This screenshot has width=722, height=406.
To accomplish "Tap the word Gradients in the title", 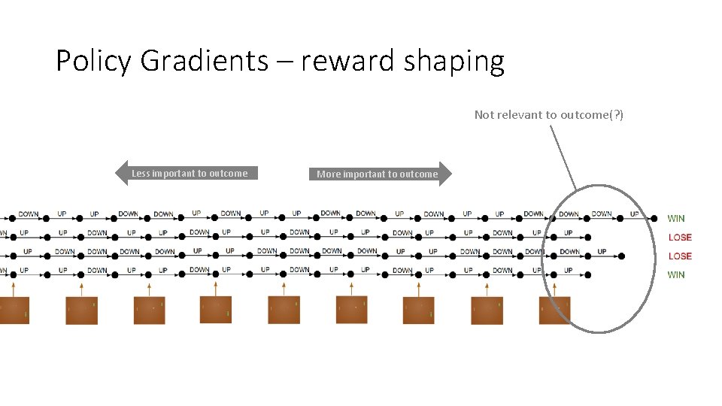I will click(x=202, y=62).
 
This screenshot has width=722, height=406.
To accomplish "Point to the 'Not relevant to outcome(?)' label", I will click(x=548, y=115).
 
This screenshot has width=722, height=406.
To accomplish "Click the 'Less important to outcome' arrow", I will click(x=184, y=174).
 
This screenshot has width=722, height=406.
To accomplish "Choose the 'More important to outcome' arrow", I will click(x=380, y=174).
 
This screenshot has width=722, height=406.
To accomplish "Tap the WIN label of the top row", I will click(x=676, y=219).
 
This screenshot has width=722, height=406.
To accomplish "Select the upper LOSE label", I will click(x=680, y=238).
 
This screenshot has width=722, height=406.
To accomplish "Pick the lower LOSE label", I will click(x=680, y=256).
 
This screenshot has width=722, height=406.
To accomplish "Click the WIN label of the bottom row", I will click(x=676, y=275).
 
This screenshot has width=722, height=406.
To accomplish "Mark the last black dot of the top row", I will click(x=654, y=219).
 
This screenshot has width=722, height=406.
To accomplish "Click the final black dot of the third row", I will click(x=621, y=256).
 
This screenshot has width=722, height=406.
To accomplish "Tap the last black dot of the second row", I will click(x=587, y=238).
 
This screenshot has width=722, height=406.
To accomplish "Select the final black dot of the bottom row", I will click(x=587, y=275).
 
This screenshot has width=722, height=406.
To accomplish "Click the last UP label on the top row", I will click(x=634, y=214).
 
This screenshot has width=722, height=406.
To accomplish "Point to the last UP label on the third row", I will click(x=602, y=252).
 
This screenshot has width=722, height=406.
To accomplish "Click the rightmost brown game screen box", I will click(x=554, y=311).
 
